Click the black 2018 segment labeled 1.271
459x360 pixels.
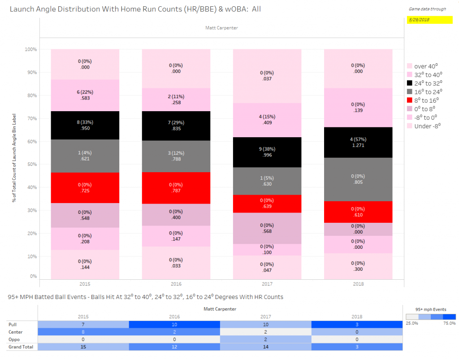coord(358,143)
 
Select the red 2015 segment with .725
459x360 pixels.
coord(85,188)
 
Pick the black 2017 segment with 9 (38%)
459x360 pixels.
coord(267,152)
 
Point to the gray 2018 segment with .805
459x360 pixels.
coord(358,179)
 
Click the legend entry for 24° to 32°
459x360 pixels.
coord(424,83)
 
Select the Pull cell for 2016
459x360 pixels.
coord(175,324)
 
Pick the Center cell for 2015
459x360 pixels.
coord(83,332)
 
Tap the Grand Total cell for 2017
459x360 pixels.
coord(266,347)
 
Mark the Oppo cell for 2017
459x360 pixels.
coord(266,339)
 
